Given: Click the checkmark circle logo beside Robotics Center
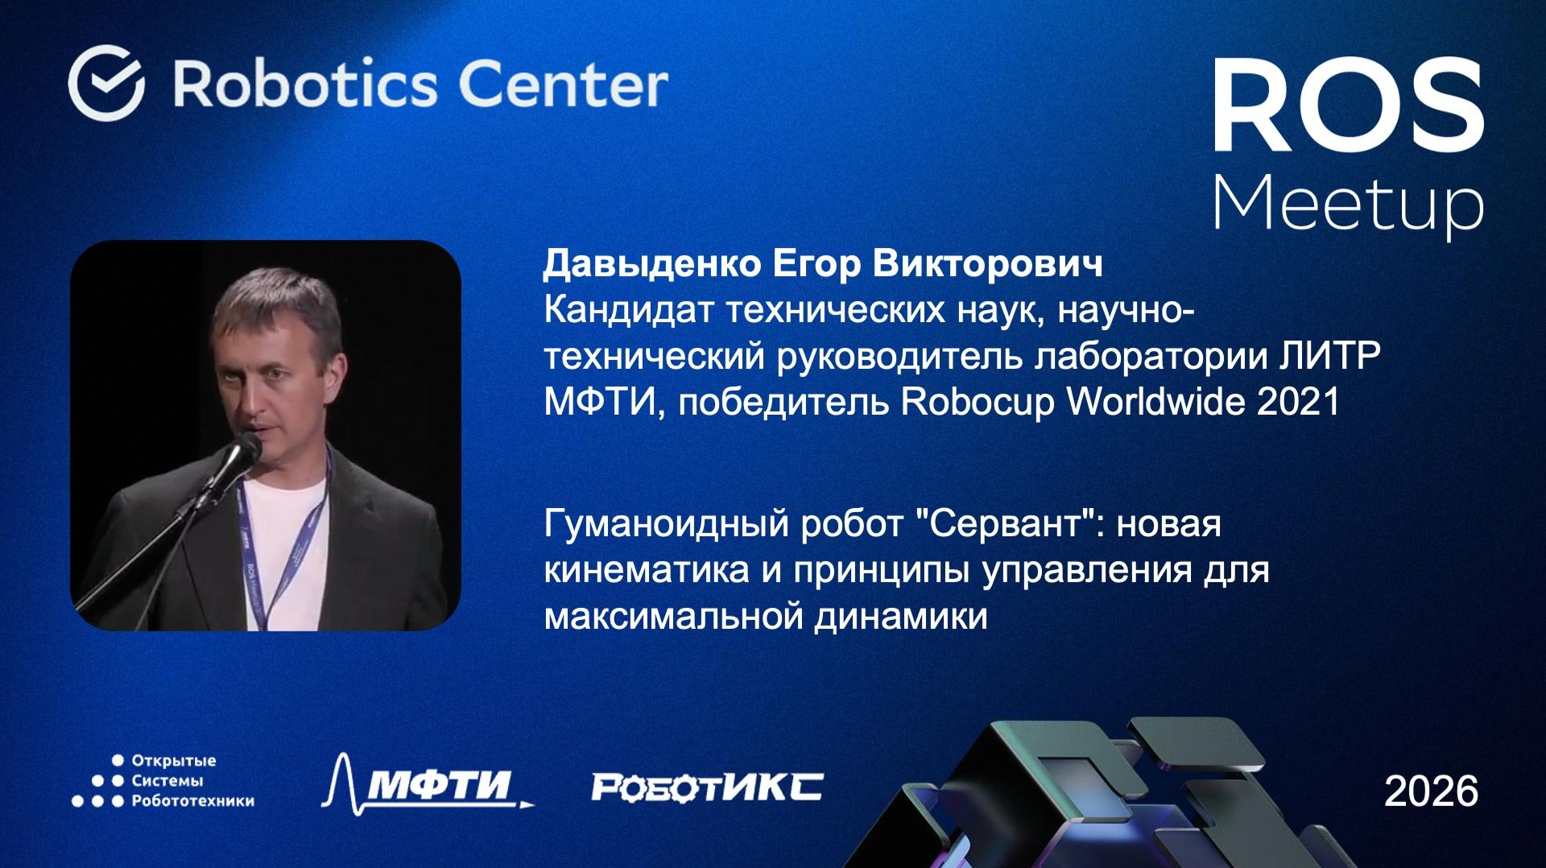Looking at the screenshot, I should [x=106, y=83].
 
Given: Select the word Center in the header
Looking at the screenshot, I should [x=563, y=84].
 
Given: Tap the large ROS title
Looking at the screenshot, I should [x=1348, y=107].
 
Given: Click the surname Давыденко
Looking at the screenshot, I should [x=651, y=264].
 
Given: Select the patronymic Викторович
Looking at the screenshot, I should [x=987, y=264].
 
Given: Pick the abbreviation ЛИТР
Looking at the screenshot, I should [x=1330, y=356].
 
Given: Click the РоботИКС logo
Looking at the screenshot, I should [x=707, y=787].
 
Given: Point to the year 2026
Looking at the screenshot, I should [x=1431, y=792].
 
